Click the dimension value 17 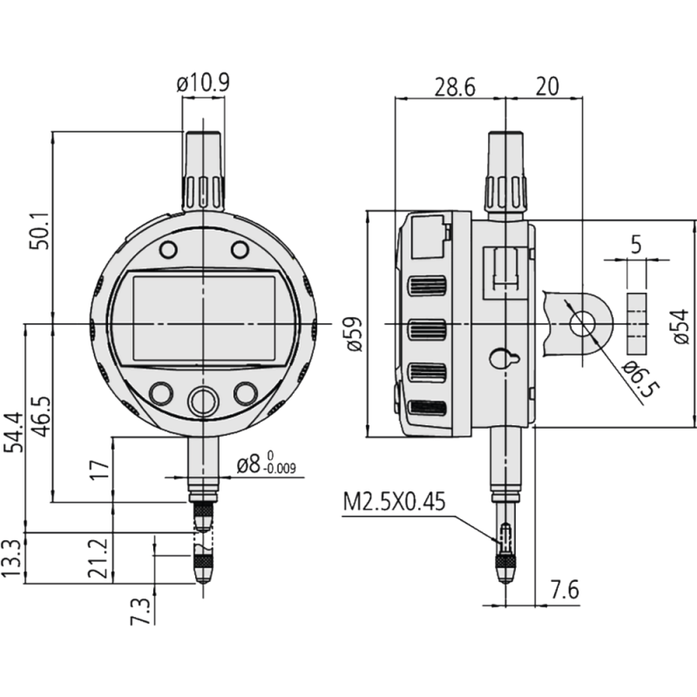point(100,469)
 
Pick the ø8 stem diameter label point(266,465)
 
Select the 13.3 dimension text point(13,558)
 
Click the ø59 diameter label point(353,332)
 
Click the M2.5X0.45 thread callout point(395,503)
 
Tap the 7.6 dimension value point(564,590)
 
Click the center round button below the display point(203,402)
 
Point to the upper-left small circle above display point(167,250)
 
